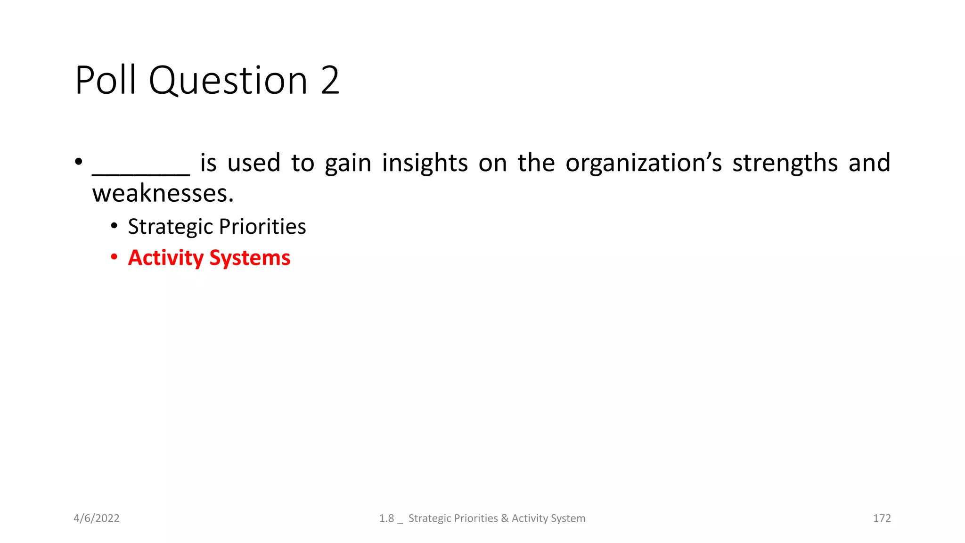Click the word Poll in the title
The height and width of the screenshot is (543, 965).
106,80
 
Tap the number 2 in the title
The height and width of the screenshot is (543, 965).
330,80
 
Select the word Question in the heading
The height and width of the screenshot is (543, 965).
229,80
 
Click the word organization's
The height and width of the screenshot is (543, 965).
644,163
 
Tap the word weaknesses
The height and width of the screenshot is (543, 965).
163,194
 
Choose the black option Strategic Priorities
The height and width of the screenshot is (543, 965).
217,227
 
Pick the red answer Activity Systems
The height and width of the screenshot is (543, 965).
209,258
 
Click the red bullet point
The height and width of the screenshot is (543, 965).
114,257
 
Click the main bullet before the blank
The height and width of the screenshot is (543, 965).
79,162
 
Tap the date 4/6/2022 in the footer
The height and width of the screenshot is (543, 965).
97,518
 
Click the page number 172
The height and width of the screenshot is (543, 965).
882,518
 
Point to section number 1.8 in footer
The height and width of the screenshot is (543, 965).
386,518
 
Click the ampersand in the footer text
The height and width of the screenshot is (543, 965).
505,518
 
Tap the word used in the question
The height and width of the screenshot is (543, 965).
254,163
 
